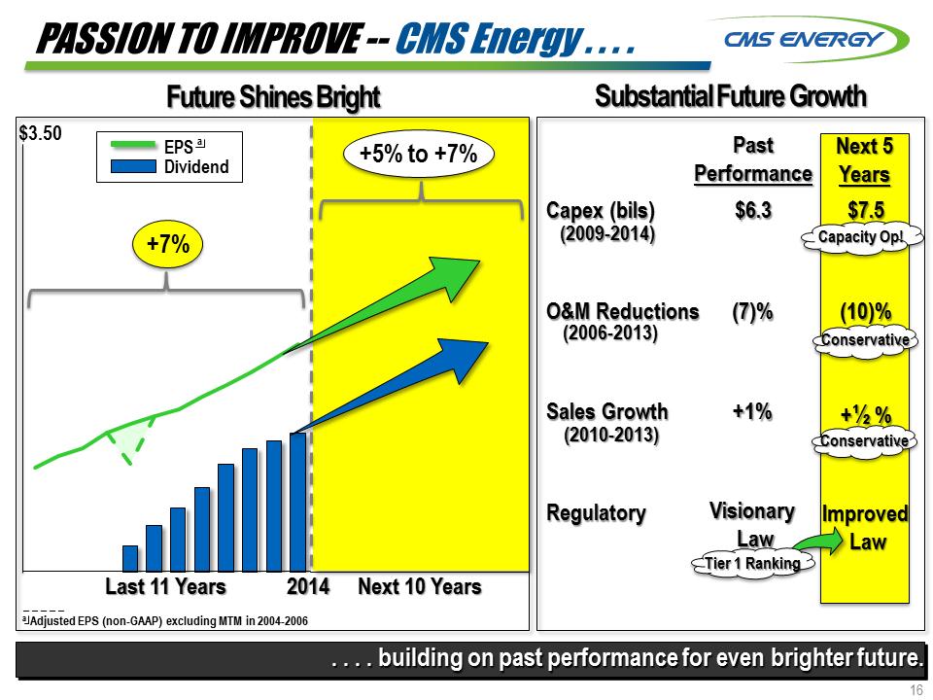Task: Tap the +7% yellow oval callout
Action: [x=167, y=244]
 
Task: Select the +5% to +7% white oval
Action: [x=418, y=156]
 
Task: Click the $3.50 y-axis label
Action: [x=41, y=132]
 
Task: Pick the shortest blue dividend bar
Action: [x=130, y=557]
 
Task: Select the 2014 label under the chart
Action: [x=307, y=586]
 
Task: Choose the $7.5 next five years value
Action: [x=865, y=210]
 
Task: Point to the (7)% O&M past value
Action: [x=752, y=312]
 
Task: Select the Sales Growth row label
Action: [x=606, y=411]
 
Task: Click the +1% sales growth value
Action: [x=752, y=411]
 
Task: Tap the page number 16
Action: [x=916, y=690]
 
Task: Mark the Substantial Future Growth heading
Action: [x=730, y=96]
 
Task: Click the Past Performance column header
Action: [x=752, y=159]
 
